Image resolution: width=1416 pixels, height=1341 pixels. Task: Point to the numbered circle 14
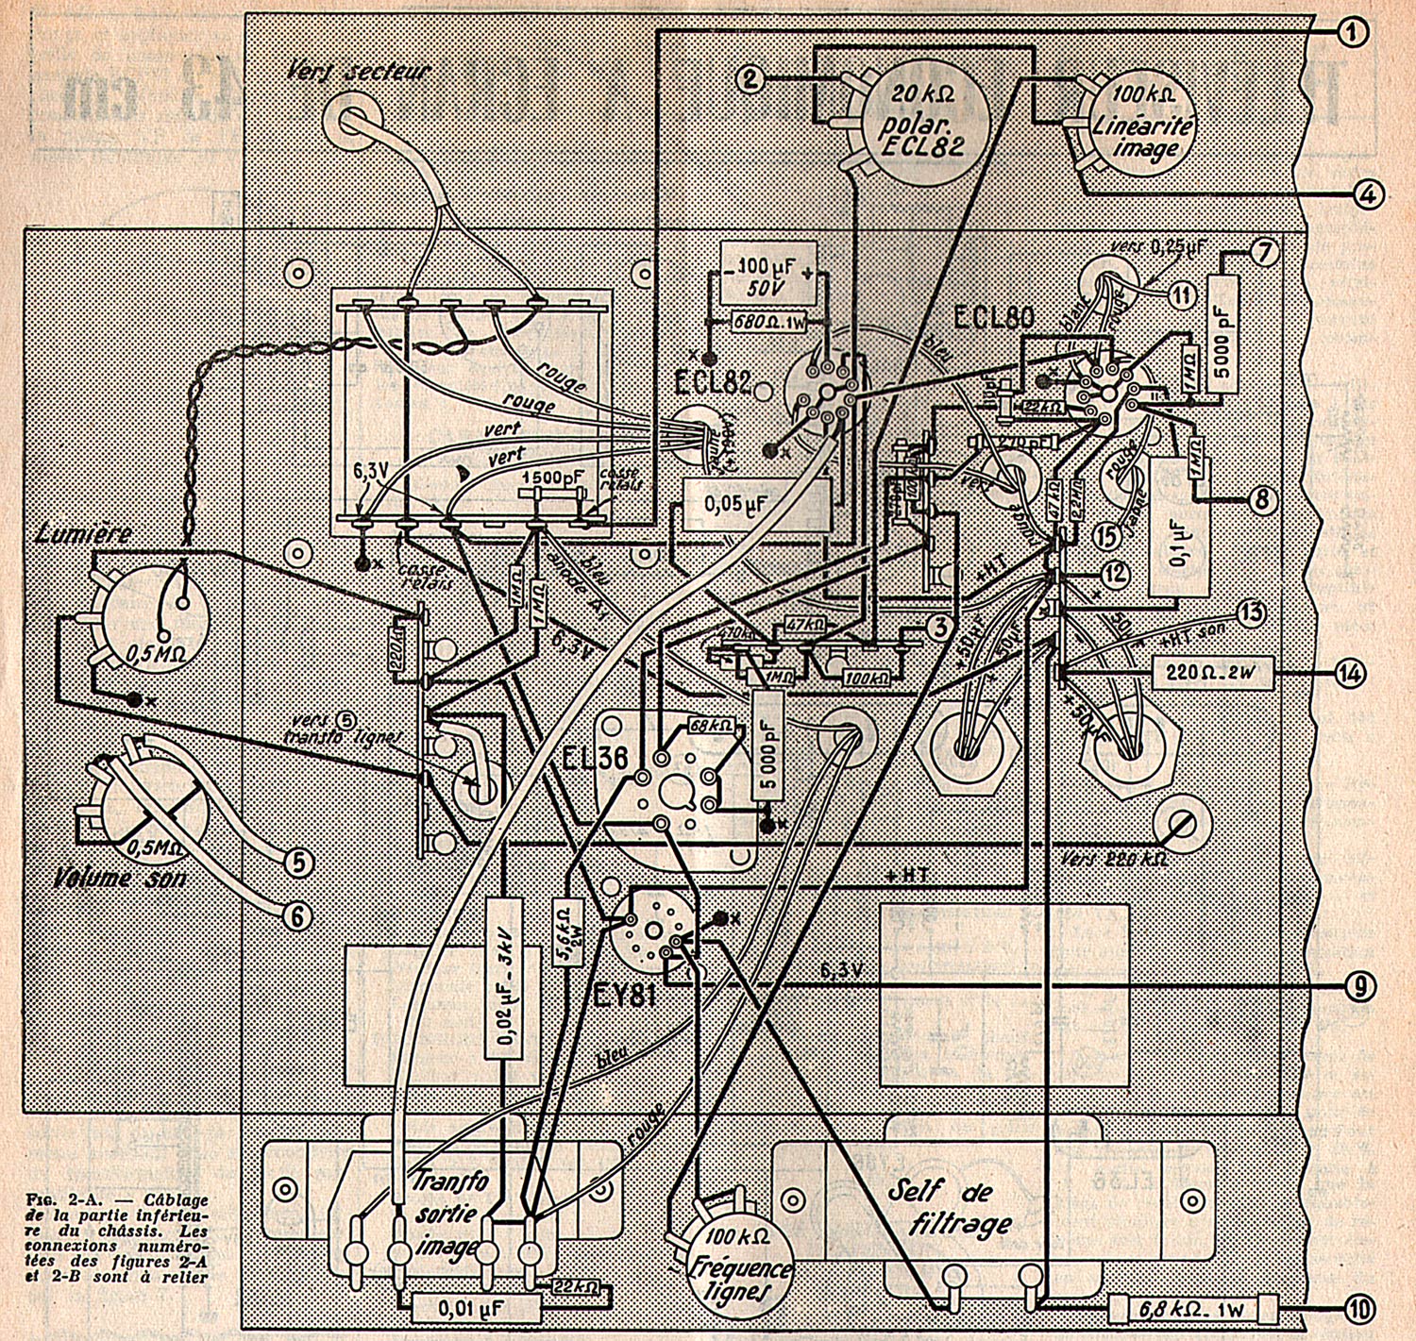click(1349, 673)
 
